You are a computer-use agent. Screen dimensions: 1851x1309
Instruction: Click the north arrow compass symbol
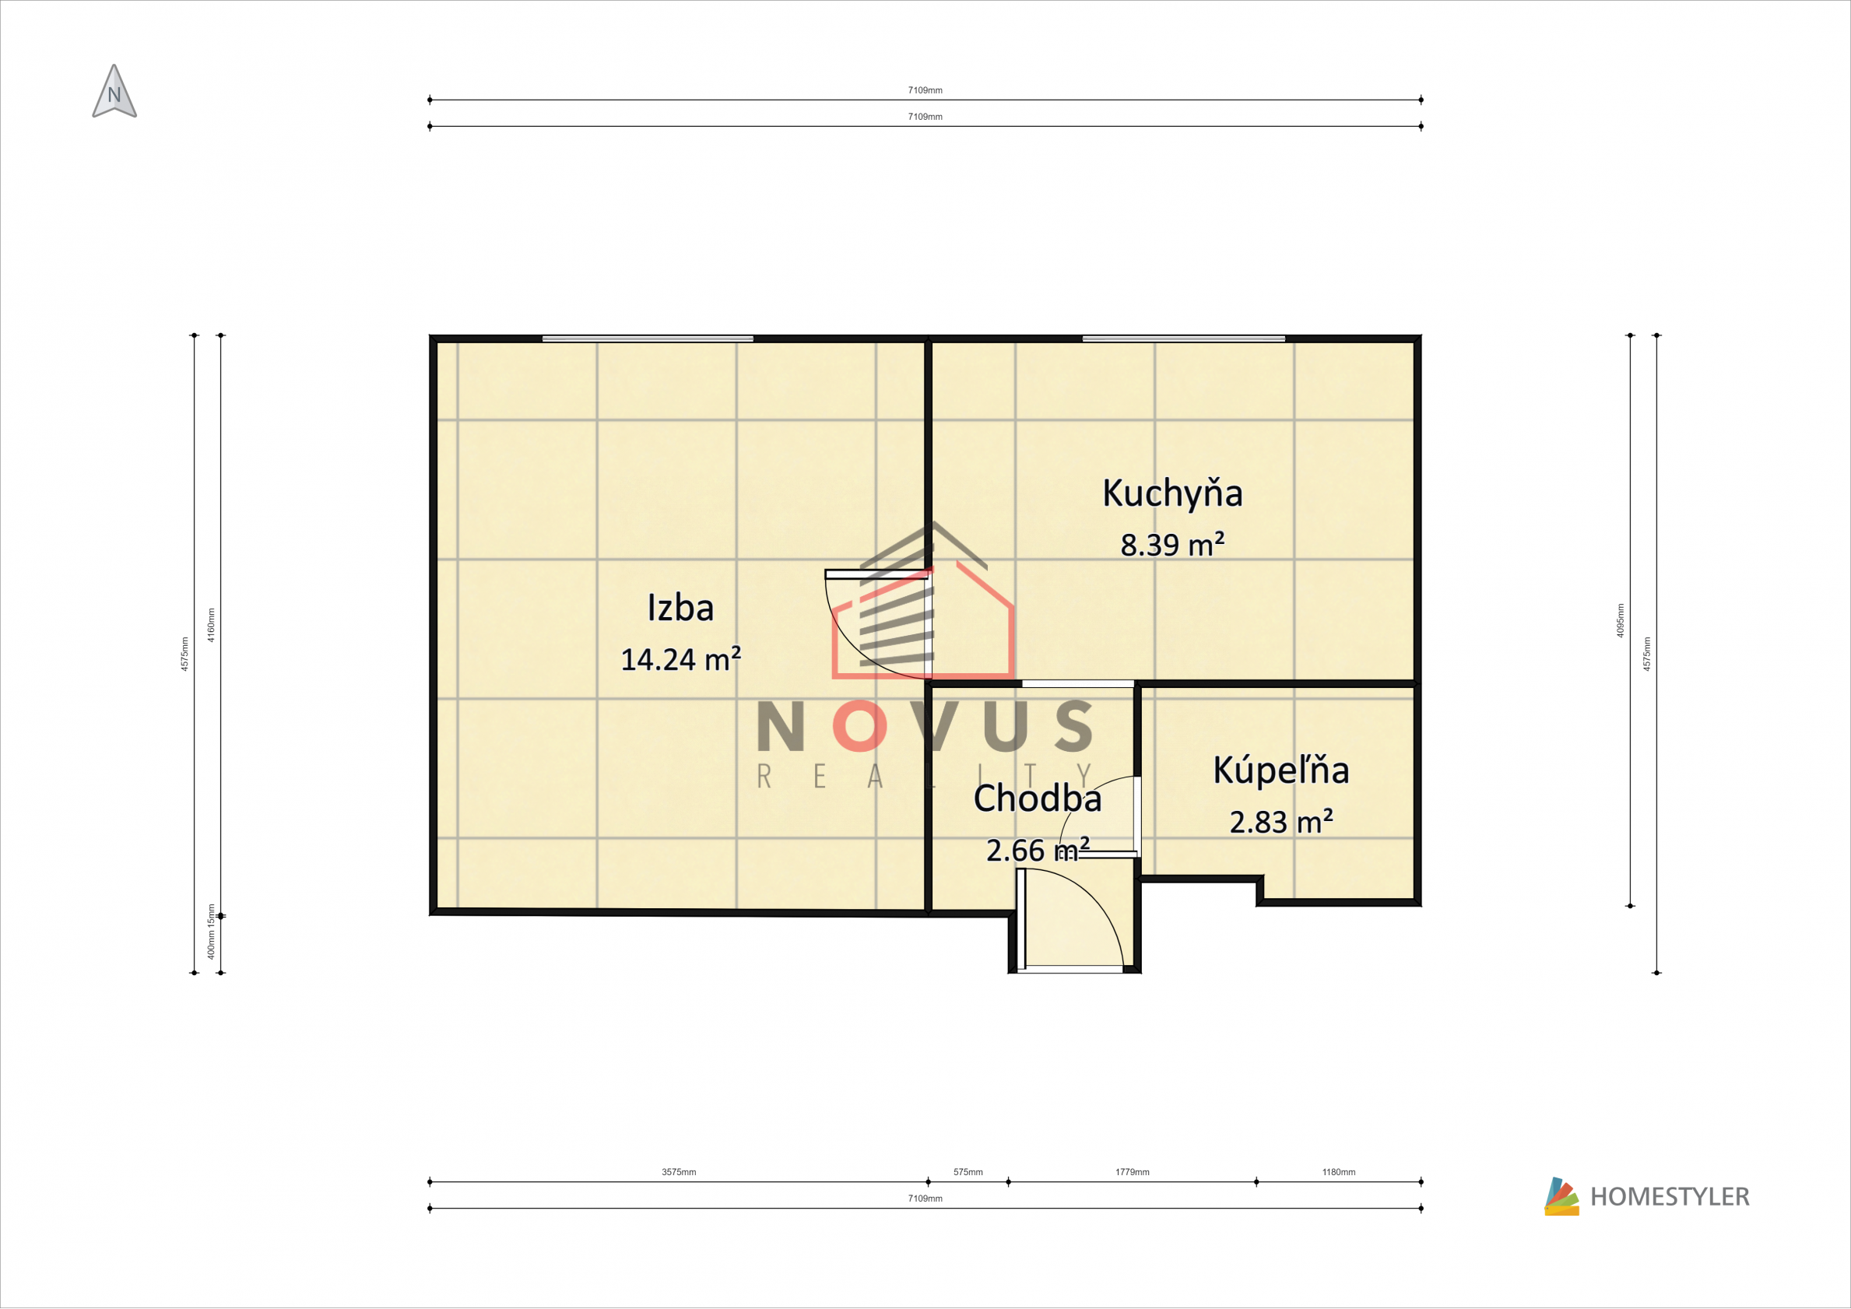click(114, 92)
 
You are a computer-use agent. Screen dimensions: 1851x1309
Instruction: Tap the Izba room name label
click(680, 608)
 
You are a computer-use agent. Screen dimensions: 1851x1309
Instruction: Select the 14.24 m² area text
click(680, 659)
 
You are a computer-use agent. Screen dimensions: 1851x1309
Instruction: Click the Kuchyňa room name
click(1172, 494)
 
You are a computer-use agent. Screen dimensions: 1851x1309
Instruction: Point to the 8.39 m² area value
click(1172, 544)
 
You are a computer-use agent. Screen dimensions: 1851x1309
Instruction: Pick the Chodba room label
click(1038, 798)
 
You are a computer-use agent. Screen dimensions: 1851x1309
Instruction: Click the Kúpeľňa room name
click(1281, 770)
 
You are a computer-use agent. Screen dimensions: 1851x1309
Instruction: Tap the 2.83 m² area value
click(1281, 821)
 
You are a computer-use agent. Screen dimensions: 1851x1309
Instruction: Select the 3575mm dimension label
click(679, 1172)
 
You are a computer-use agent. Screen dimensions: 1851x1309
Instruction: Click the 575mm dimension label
click(968, 1172)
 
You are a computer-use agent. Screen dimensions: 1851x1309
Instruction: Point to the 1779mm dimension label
click(1133, 1172)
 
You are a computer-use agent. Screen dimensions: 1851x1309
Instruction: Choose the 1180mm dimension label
click(1339, 1172)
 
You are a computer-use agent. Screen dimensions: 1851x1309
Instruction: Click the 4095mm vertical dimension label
click(1621, 621)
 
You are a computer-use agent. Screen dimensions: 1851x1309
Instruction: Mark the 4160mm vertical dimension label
click(211, 625)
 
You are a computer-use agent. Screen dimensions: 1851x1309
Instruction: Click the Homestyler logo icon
click(1561, 1196)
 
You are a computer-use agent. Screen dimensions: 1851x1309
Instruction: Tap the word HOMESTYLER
click(1670, 1197)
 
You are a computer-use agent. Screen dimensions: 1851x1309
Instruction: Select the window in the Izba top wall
click(648, 339)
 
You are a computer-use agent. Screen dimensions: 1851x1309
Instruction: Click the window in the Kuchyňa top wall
click(1183, 339)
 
